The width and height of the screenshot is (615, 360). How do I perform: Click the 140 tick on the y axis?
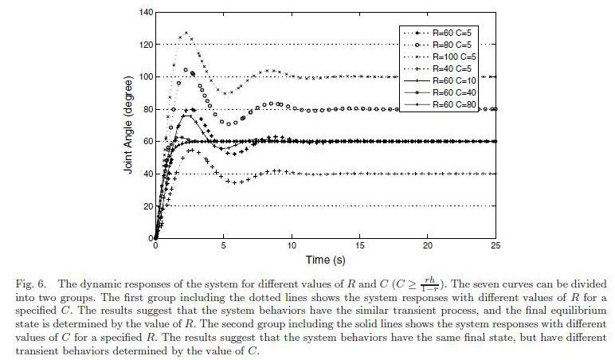click(145, 13)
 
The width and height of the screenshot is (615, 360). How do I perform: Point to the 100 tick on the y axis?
click(145, 77)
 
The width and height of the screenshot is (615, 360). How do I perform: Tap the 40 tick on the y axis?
click(147, 174)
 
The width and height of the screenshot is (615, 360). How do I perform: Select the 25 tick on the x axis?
click(496, 246)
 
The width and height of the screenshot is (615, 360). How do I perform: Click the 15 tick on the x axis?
click(360, 246)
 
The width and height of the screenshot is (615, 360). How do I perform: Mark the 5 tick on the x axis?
click(224, 246)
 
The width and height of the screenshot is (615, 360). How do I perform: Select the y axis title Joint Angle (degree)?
click(128, 125)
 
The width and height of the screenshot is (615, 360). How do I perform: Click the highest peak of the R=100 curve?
click(186, 33)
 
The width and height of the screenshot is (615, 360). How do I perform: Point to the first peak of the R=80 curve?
click(186, 69)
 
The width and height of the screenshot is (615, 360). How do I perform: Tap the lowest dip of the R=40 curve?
click(233, 182)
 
